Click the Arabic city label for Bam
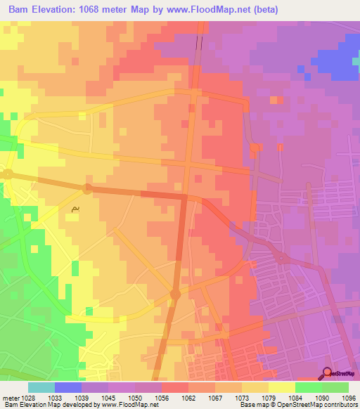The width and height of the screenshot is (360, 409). (x=75, y=209)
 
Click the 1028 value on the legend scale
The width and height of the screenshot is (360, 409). (x=28, y=397)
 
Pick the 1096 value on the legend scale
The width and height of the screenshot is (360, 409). (x=349, y=397)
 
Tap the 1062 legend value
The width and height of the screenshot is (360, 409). (x=188, y=397)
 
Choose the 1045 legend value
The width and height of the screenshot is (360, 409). (x=108, y=397)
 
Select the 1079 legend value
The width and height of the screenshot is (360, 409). (x=269, y=397)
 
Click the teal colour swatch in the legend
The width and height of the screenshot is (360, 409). (x=41, y=387)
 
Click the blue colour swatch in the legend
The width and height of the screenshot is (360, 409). (x=68, y=387)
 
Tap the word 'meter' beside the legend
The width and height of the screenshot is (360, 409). (x=11, y=397)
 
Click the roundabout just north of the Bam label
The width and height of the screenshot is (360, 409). (x=86, y=188)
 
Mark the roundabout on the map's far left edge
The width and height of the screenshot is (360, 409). (x=8, y=173)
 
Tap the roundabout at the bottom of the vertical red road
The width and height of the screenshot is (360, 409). (x=175, y=295)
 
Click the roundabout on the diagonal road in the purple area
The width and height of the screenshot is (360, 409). (x=281, y=257)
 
